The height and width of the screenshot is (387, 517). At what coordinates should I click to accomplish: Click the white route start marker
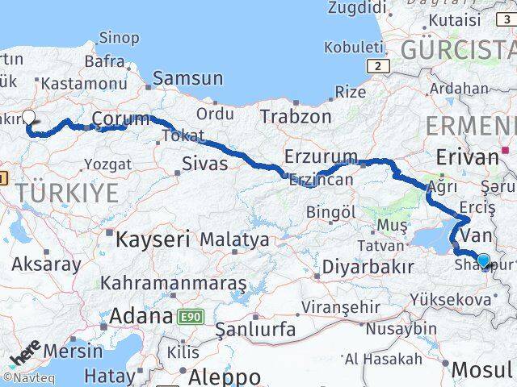pyautogui.click(x=29, y=116)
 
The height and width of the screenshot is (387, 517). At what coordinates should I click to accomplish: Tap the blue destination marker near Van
pyautogui.click(x=483, y=260)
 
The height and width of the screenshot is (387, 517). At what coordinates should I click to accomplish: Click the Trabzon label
pyautogui.click(x=295, y=116)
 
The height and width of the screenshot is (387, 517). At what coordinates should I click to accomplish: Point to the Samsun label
pyautogui.click(x=187, y=79)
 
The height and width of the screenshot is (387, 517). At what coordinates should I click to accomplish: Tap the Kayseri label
pyautogui.click(x=152, y=239)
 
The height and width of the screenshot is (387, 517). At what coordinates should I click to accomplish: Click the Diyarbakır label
pyautogui.click(x=368, y=266)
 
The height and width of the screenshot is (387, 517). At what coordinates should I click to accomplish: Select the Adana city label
pyautogui.click(x=141, y=316)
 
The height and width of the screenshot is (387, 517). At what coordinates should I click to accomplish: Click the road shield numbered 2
pyautogui.click(x=376, y=64)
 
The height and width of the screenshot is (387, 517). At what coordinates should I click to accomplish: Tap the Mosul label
pyautogui.click(x=483, y=370)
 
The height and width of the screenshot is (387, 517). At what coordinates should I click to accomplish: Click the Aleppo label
pyautogui.click(x=224, y=377)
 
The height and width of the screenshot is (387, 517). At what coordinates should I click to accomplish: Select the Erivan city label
pyautogui.click(x=466, y=156)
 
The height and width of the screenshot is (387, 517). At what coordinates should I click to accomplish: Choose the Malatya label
pyautogui.click(x=234, y=240)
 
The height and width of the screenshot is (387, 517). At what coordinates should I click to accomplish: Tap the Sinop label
pyautogui.click(x=119, y=37)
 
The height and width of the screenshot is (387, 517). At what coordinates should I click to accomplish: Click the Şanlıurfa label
pyautogui.click(x=255, y=330)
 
